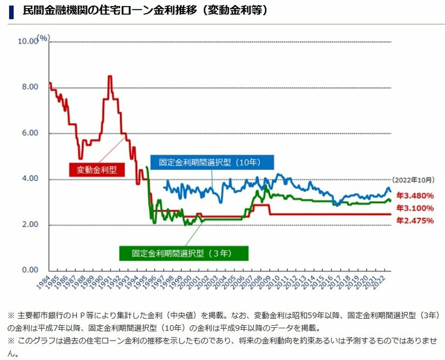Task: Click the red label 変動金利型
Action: coord(97,170)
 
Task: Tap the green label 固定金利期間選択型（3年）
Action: coord(184,253)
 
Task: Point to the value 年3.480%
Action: coord(415,195)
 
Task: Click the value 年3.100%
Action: coord(415,208)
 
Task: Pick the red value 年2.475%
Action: coord(415,221)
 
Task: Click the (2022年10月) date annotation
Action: coord(413,180)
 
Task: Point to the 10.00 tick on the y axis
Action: coord(28,41)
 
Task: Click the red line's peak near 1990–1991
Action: coord(109,77)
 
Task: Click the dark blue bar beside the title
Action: coord(11,10)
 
